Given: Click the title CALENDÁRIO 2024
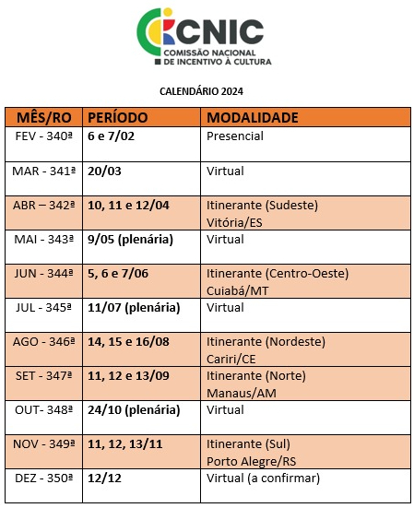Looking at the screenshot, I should pyautogui.click(x=207, y=91).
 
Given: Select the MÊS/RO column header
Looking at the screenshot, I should pyautogui.click(x=43, y=118).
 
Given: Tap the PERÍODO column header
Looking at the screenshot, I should pyautogui.click(x=117, y=118).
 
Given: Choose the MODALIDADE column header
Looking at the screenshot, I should pyautogui.click(x=252, y=118).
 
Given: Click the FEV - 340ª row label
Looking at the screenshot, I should pyautogui.click(x=43, y=136).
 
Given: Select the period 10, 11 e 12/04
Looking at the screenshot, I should pyautogui.click(x=128, y=205).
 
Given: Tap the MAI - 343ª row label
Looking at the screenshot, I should pyautogui.click(x=43, y=239).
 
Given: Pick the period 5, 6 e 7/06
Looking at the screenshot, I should pyautogui.click(x=118, y=273).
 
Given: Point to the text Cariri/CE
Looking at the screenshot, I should pyautogui.click(x=232, y=358).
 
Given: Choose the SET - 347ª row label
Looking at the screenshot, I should pyautogui.click(x=43, y=375).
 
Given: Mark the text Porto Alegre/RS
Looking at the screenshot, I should pyautogui.click(x=251, y=460).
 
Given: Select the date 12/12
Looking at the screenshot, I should pyautogui.click(x=105, y=478).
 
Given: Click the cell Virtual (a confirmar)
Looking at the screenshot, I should pyautogui.click(x=263, y=478).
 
